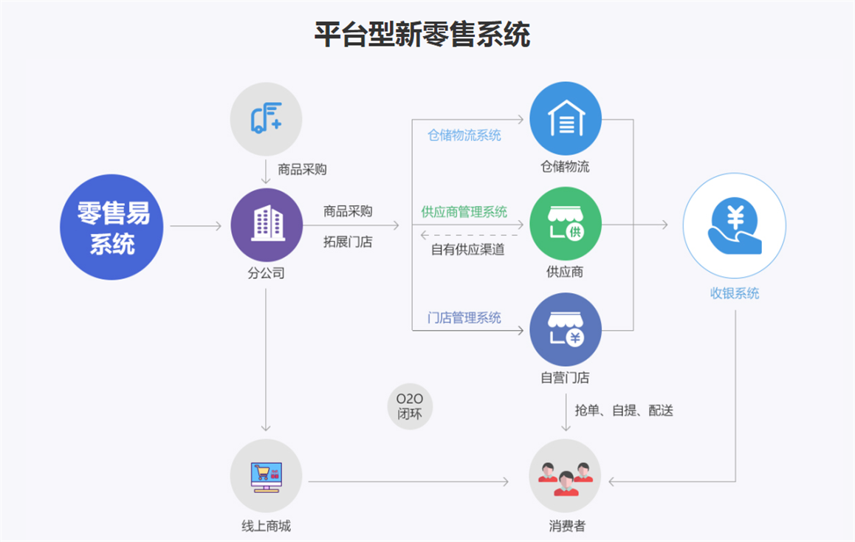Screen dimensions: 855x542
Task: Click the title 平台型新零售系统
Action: [x=422, y=35]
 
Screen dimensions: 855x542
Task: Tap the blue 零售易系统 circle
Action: [x=111, y=227]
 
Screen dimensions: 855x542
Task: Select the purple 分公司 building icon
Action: [x=267, y=224]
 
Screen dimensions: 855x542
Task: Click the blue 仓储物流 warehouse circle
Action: [x=566, y=119]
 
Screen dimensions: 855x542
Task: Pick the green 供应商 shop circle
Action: [x=566, y=224]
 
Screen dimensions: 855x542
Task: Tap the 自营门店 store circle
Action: [x=566, y=329]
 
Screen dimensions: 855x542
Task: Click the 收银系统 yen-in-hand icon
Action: [x=735, y=225]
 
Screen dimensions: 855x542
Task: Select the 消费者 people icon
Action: [x=566, y=476]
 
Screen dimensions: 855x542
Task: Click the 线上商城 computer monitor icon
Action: [x=266, y=476]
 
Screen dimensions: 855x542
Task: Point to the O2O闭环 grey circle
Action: [x=410, y=406]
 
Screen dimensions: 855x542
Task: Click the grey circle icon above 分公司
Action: [x=266, y=119]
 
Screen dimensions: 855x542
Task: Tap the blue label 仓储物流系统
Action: [x=464, y=135]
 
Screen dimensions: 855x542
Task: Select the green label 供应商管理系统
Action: [x=464, y=212]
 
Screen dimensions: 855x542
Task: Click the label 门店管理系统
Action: [x=464, y=318]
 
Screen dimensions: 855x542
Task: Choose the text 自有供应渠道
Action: [x=468, y=249]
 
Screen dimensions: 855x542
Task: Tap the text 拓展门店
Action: [x=348, y=241]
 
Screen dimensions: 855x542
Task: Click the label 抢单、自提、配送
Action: [x=624, y=410]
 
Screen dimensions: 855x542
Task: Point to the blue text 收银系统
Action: [x=735, y=293]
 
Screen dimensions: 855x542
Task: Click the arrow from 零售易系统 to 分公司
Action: [x=196, y=226]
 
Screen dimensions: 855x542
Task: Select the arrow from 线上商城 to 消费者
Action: [x=408, y=481]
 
